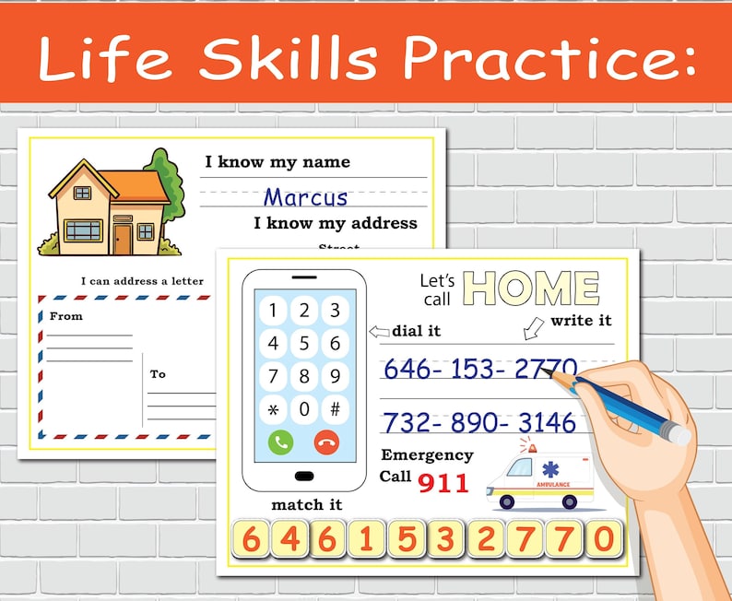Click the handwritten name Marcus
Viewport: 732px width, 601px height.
(x=305, y=197)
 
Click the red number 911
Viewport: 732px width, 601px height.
(x=443, y=481)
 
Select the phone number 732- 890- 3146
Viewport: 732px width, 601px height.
(x=478, y=423)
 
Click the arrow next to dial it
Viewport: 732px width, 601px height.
(x=378, y=331)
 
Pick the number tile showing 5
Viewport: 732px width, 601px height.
(x=404, y=539)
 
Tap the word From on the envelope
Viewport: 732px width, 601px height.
(x=66, y=316)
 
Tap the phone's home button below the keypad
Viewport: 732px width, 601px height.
(x=303, y=476)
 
